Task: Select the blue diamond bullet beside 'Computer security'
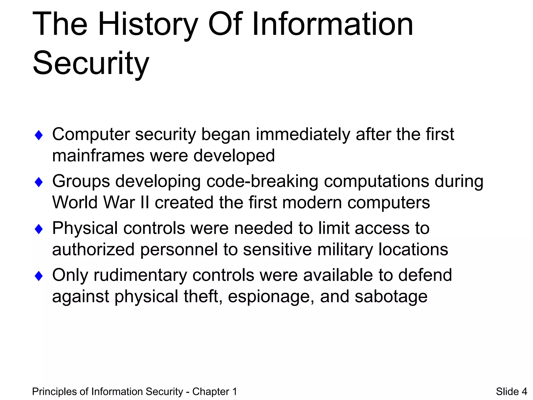coord(39,135)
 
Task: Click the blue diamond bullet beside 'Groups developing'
coord(39,182)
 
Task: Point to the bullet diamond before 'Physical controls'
coord(39,229)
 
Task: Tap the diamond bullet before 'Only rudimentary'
coord(39,276)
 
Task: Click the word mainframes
coord(98,156)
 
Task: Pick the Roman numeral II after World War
coord(145,203)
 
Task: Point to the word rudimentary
coord(140,276)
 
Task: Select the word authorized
coord(93,250)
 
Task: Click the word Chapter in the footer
coord(211,392)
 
